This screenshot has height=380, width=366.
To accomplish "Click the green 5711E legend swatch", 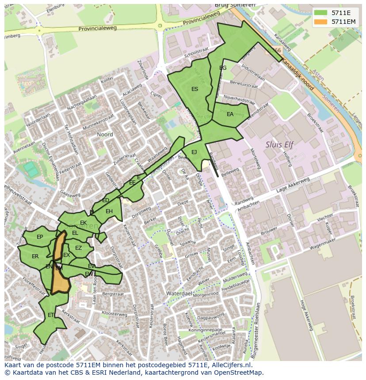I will [x=321, y=13].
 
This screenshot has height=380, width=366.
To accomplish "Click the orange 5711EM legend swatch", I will [x=321, y=22].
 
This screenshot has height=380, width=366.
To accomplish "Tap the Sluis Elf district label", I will [x=279, y=144].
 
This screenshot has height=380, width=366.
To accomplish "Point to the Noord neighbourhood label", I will [x=105, y=134].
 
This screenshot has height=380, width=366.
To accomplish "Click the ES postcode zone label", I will [x=194, y=89].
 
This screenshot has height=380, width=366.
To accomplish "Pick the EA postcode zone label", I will [x=230, y=114].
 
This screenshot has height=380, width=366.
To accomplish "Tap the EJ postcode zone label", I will [x=194, y=152].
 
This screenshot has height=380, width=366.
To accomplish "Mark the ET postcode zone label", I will [x=51, y=315].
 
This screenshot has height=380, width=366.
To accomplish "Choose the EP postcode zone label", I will [x=40, y=237].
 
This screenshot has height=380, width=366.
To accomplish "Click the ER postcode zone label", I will [x=35, y=256].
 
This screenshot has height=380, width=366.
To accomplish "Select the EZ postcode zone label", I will [x=78, y=248].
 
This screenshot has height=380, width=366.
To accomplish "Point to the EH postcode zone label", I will [x=109, y=211].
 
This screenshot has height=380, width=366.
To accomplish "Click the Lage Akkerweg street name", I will [x=292, y=185].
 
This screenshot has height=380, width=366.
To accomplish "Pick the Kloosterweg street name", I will [x=114, y=314].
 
